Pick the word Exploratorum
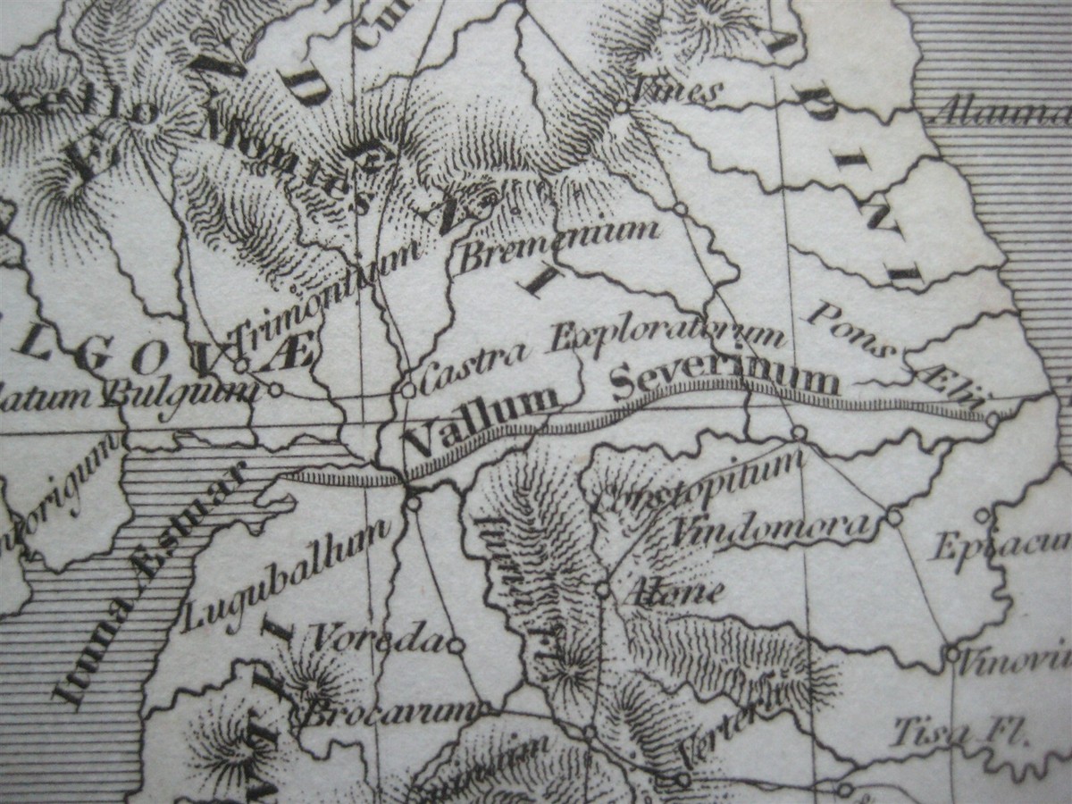point(667,339)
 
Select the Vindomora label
point(770,529)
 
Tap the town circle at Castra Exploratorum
point(408,389)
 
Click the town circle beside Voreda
point(456,644)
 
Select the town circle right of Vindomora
point(894,517)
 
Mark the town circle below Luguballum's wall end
point(414,504)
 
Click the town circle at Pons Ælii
point(992,419)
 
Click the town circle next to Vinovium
point(952,653)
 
